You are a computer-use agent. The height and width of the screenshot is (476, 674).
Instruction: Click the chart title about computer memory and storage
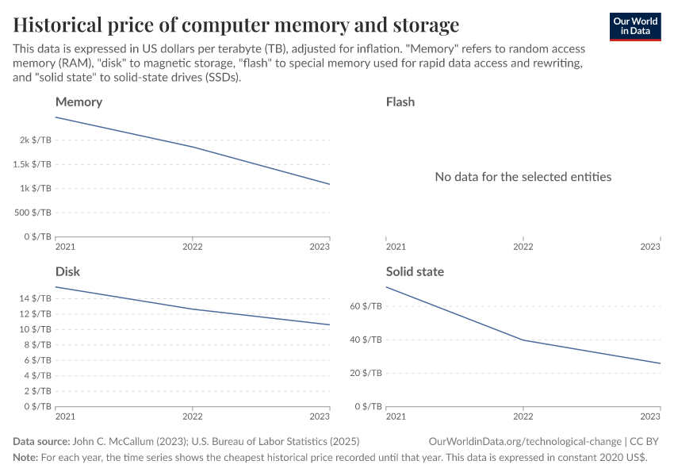pyautogui.click(x=236, y=24)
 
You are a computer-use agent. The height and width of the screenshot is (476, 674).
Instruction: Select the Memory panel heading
pyautogui.click(x=79, y=102)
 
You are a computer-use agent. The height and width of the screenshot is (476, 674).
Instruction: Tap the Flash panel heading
pyautogui.click(x=400, y=102)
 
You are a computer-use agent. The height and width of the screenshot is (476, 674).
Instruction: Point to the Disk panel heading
pyautogui.click(x=67, y=271)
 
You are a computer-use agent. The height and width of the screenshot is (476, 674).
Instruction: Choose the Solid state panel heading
pyautogui.click(x=415, y=271)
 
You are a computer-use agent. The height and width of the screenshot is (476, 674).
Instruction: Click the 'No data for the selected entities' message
pyautogui.click(x=523, y=176)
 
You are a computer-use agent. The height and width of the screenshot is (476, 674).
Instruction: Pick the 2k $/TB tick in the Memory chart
pyautogui.click(x=36, y=140)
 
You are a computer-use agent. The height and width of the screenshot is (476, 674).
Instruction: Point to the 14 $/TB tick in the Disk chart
pyautogui.click(x=36, y=298)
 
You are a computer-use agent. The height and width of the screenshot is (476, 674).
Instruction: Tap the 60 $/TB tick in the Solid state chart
pyautogui.click(x=367, y=306)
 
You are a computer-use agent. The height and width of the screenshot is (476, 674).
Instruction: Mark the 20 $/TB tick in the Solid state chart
pyautogui.click(x=367, y=373)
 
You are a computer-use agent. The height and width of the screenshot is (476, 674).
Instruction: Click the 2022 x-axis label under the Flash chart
pyautogui.click(x=523, y=247)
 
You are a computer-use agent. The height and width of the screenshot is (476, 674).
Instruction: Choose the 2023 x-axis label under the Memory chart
pyautogui.click(x=320, y=247)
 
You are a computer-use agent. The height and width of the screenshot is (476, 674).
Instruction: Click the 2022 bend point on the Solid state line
pyautogui.click(x=523, y=340)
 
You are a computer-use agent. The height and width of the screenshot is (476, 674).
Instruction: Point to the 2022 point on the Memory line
pyautogui.click(x=193, y=147)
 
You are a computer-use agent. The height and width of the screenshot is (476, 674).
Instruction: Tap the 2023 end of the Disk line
pyautogui.click(x=329, y=324)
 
